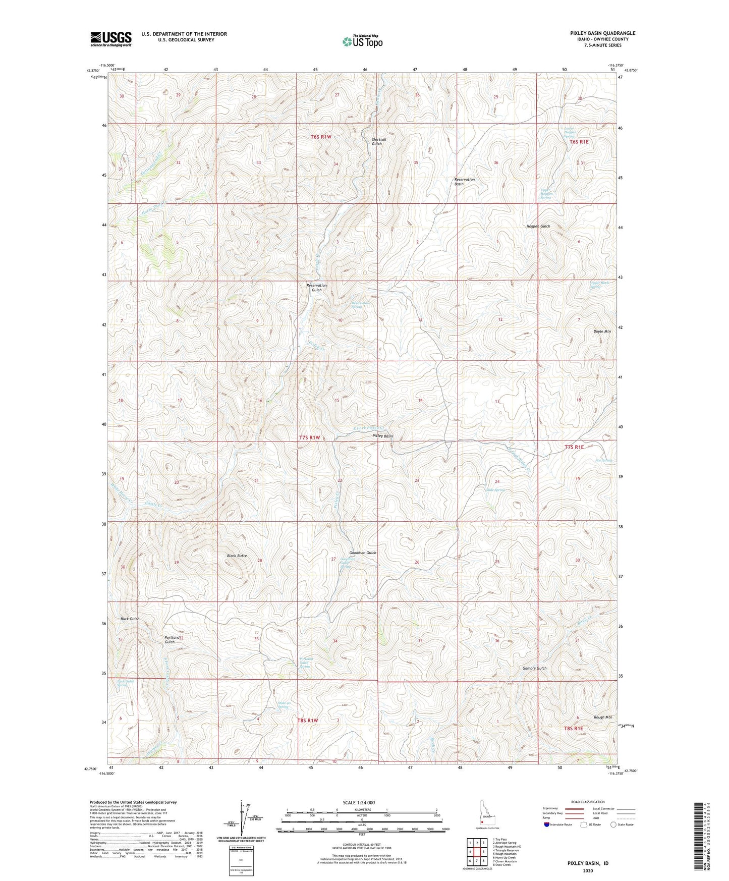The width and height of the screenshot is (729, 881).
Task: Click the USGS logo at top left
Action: (111, 39)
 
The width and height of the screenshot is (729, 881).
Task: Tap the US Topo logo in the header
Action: (362, 41)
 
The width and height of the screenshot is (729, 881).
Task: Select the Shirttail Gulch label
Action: (377, 141)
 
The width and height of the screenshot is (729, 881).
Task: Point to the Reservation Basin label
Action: (464, 182)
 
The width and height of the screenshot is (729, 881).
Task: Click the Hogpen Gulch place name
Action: (538, 226)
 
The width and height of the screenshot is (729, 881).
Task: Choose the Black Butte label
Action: (237, 556)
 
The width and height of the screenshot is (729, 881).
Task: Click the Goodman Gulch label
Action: (363, 553)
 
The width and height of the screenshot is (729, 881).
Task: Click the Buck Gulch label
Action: (130, 619)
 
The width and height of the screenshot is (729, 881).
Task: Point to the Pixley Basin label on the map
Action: (382, 436)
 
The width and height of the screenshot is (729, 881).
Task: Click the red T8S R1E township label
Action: (574, 728)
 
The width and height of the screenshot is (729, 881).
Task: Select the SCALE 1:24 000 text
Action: (359, 802)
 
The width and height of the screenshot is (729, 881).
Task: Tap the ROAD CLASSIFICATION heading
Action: (588, 802)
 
